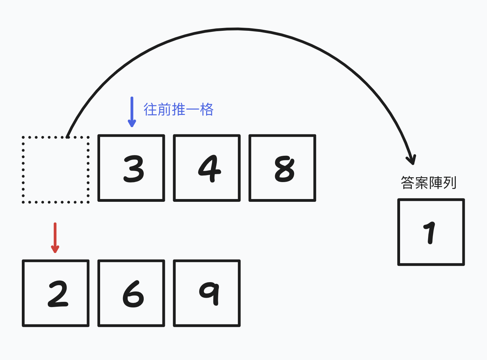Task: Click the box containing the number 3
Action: coord(131,168)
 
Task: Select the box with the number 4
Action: coord(207,168)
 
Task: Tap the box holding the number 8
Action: coord(282,168)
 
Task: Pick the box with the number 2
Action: coord(56,293)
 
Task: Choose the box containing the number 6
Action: coord(131,293)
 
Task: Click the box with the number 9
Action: coord(207,293)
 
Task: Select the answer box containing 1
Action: coord(431,232)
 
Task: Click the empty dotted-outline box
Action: coord(56,170)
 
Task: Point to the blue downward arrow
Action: coord(132,112)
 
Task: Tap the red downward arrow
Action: coord(55,238)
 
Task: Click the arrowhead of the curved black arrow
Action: coord(411,160)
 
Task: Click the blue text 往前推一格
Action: coord(178,110)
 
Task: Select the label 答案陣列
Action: coord(428,183)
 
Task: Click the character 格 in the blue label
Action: coord(207,110)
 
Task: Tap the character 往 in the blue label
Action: coord(151,110)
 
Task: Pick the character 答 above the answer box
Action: coord(408,183)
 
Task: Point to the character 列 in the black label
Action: coord(450,183)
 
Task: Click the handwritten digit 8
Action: coord(284,169)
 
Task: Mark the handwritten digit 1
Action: coord(430,232)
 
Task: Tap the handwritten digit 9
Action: coord(210,293)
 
